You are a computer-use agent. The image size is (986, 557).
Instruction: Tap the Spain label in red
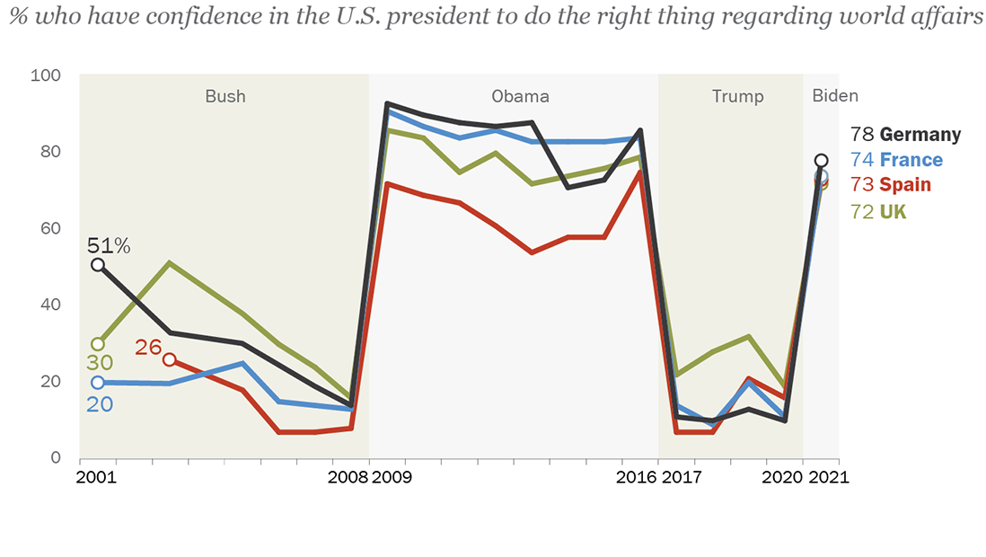point(905,185)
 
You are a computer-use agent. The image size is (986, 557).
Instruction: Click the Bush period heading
point(224,96)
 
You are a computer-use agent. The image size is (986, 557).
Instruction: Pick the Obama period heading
point(520,96)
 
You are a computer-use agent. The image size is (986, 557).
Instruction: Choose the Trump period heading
point(737,96)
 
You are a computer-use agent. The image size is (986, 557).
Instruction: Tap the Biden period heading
point(835,96)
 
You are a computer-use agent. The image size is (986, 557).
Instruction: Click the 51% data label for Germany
point(109,245)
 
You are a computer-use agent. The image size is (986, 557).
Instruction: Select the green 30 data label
point(98,363)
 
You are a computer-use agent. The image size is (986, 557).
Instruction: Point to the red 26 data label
point(148,347)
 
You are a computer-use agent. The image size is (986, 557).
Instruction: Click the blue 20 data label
point(99,404)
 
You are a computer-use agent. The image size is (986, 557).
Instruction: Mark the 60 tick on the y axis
point(49,228)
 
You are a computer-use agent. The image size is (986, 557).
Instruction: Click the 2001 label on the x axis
point(97,477)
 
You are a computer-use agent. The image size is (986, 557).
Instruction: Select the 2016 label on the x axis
point(638,477)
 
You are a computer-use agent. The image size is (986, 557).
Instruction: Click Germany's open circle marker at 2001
point(98,265)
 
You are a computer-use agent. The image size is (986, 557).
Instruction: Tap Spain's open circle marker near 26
point(170,360)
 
